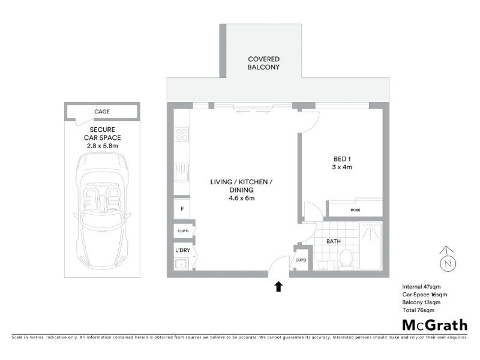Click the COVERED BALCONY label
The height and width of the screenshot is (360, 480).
(263, 63)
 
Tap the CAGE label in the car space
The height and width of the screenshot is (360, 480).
(102, 112)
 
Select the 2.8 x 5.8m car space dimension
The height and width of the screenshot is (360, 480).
(102, 146)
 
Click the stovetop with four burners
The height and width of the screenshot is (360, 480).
(182, 134)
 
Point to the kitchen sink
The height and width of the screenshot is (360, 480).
(182, 173)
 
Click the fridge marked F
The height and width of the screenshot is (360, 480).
(182, 209)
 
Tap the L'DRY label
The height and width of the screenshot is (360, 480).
(183, 250)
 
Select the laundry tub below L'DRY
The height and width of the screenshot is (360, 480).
(182, 263)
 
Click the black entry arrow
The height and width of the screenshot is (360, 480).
(278, 287)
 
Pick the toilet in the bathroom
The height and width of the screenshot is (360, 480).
(346, 259)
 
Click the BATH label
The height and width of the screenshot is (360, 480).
(334, 241)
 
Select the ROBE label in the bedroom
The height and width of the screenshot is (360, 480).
(355, 210)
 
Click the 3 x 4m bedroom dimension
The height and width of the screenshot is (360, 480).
(342, 167)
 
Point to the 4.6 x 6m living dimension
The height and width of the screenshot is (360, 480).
(242, 198)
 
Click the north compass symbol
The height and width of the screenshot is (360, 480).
(448, 260)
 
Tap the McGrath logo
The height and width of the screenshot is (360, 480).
(434, 325)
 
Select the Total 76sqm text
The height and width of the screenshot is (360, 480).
(418, 310)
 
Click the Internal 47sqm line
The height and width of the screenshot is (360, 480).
(421, 287)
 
